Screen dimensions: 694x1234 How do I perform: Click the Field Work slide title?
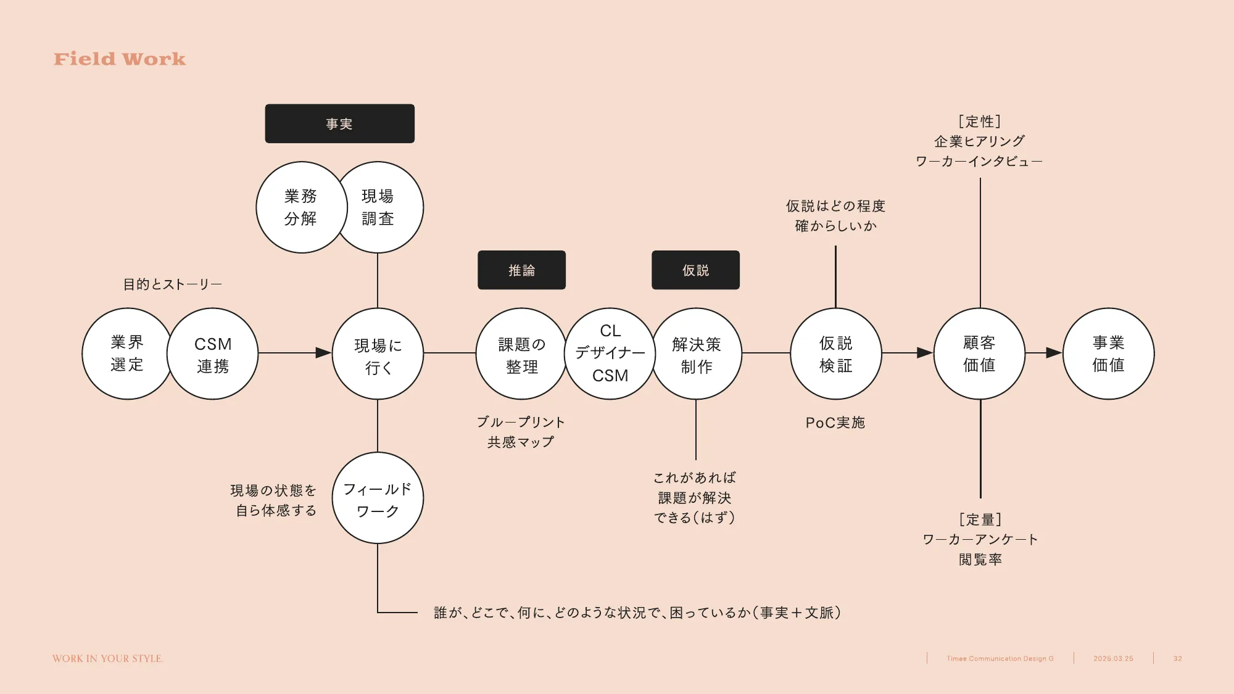[x=120, y=59]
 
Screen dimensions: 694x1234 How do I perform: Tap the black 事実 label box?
[x=339, y=124]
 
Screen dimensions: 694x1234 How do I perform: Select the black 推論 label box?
[x=521, y=270]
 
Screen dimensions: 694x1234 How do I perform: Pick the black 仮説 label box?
[x=695, y=270]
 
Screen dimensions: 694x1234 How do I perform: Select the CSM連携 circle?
[x=213, y=354]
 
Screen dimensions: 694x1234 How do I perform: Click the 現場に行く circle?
[x=378, y=354]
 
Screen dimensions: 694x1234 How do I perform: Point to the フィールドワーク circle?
[x=378, y=498]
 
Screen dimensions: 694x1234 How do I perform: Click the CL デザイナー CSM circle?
[x=610, y=353]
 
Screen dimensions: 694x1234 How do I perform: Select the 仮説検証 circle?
[x=835, y=353]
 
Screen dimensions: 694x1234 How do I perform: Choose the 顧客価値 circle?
[x=979, y=353]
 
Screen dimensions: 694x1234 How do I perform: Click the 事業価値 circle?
[x=1108, y=353]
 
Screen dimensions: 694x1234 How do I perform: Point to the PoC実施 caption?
[x=835, y=423]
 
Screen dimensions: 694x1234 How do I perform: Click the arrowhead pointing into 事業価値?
[x=1053, y=353]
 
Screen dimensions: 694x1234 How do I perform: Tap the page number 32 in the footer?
[x=1177, y=659]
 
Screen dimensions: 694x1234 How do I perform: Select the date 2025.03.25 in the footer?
[x=1113, y=659]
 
